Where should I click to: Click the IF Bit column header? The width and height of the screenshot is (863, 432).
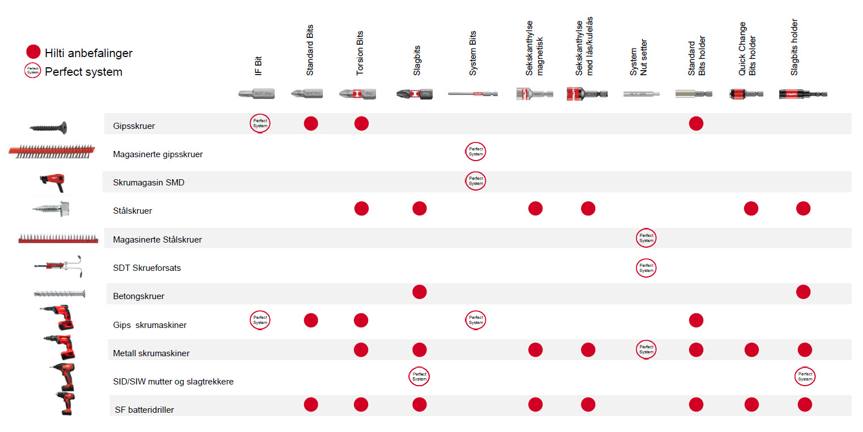click(258, 65)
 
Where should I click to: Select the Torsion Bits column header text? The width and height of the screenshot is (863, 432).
click(360, 54)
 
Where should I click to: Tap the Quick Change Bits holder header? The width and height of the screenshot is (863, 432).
click(747, 49)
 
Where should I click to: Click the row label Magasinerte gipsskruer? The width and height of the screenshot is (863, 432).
click(158, 154)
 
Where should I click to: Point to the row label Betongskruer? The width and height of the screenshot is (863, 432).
click(138, 296)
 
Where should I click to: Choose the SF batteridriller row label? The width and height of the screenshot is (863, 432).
click(144, 409)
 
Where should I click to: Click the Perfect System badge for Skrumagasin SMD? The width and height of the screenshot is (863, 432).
click(476, 180)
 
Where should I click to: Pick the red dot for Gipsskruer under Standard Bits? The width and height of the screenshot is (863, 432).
click(311, 123)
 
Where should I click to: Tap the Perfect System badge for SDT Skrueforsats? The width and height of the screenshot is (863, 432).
click(646, 267)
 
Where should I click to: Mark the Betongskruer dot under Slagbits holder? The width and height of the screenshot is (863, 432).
click(803, 292)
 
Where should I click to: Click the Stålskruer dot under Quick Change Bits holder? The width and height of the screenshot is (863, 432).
click(751, 209)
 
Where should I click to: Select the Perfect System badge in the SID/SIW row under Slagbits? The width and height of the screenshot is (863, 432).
click(419, 377)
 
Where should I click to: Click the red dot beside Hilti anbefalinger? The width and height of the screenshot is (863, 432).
click(33, 52)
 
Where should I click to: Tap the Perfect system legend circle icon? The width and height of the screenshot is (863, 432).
click(33, 71)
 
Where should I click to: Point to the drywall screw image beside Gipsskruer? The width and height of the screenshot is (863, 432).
click(48, 127)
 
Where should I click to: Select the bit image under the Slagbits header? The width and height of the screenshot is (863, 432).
click(415, 94)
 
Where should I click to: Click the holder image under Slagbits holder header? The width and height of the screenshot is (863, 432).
click(802, 94)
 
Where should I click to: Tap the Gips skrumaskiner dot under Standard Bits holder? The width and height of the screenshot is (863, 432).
click(696, 321)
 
